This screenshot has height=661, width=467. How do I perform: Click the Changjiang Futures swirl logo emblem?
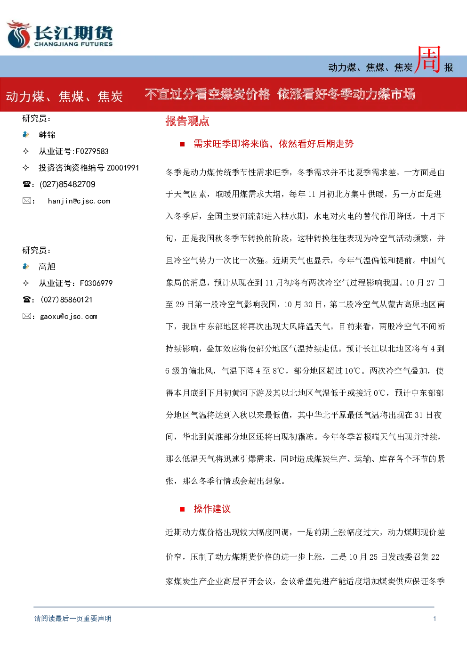tap(18, 34)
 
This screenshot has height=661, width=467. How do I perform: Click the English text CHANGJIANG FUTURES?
tap(73, 44)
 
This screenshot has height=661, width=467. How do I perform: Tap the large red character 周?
tap(428, 60)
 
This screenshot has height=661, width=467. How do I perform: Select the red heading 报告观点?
tap(187, 121)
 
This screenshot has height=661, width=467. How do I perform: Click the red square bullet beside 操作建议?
tap(182, 509)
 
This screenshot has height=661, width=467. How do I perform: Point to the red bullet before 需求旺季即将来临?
tap(182, 144)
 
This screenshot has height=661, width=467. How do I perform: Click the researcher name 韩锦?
tap(47, 135)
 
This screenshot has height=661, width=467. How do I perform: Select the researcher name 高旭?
tap(47, 267)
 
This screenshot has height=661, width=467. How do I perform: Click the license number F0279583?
tap(92, 151)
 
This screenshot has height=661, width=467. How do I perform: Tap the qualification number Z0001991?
tap(123, 168)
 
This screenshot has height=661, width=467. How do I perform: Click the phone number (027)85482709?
tap(67, 184)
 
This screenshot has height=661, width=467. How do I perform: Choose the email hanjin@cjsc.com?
tap(79, 201)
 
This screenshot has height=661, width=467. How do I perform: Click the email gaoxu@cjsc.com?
tap(69, 317)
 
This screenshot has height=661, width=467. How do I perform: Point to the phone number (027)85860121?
tap(66, 300)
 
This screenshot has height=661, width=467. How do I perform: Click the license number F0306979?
tap(96, 283)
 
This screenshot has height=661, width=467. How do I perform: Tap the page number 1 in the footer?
tap(435, 619)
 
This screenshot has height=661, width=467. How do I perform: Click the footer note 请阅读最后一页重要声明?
tap(73, 619)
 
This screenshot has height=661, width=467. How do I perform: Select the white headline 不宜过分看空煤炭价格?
tap(208, 94)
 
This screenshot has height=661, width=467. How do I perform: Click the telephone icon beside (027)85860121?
tap(26, 300)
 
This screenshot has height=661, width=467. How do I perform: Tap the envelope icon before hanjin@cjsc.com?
tap(27, 201)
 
